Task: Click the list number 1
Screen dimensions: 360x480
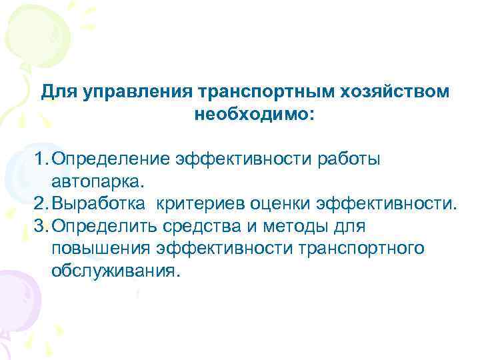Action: point(41,159)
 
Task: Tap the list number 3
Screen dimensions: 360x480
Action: point(41,226)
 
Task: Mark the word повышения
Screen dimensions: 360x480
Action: point(100,249)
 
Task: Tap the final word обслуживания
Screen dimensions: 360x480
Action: point(115,271)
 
